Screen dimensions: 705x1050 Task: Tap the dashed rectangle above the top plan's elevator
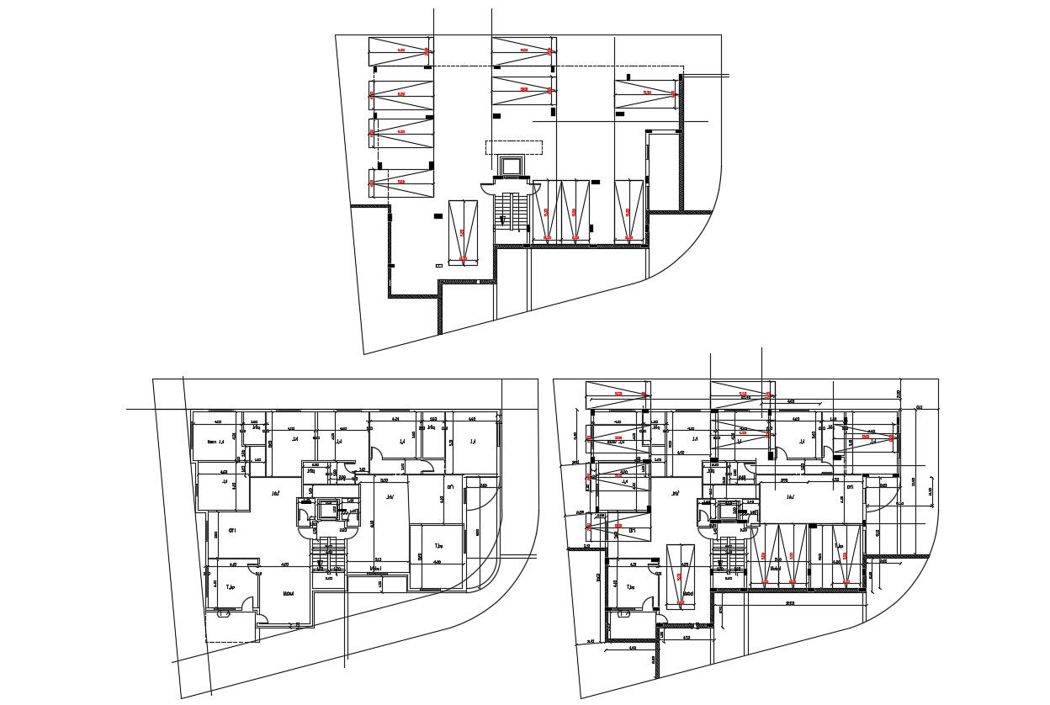pos(513,147)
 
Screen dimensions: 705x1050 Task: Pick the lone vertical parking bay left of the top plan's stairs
pos(463,231)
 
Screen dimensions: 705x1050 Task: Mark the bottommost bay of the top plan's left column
pos(400,182)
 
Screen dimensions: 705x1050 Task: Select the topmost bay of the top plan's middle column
pos(522,51)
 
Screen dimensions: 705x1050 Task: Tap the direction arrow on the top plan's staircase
pos(502,220)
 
